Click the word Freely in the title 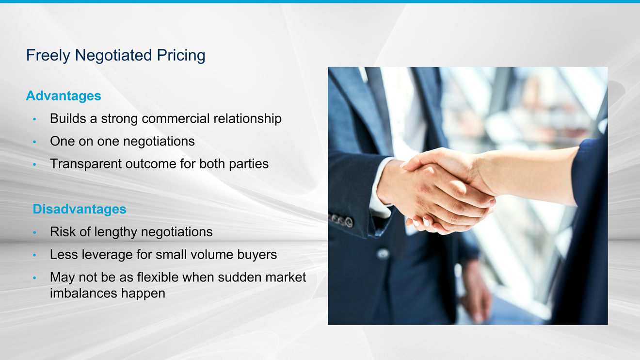click(x=48, y=55)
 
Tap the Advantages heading click(x=64, y=96)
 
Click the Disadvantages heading click(x=80, y=209)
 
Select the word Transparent click(x=86, y=164)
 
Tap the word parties click(x=249, y=164)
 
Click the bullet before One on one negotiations click(x=34, y=142)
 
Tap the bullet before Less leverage click(x=34, y=255)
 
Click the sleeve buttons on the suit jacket click(x=341, y=220)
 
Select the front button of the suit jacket click(x=383, y=254)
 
